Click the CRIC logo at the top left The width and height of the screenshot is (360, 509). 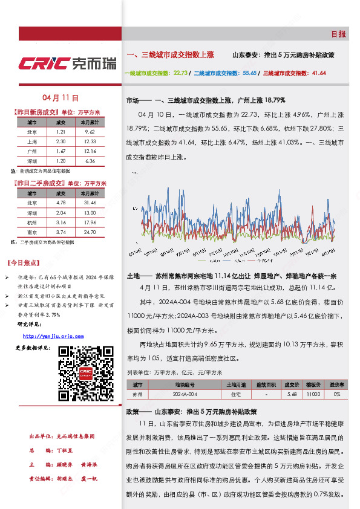tap(67, 63)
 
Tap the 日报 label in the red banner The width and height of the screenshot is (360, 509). tap(338, 34)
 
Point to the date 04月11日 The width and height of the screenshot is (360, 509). tap(61, 97)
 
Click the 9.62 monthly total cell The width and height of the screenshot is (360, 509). tap(90, 131)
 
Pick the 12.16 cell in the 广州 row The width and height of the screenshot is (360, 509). tap(90, 151)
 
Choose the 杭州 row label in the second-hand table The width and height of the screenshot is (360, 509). tap(33, 221)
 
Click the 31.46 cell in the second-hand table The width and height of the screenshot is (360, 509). tap(90, 203)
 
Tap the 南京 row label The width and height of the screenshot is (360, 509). tap(33, 232)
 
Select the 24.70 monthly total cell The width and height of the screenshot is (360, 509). tap(90, 232)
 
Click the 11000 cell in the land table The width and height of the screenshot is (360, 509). tap(313, 394)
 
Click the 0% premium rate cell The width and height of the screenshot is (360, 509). tap(337, 394)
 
